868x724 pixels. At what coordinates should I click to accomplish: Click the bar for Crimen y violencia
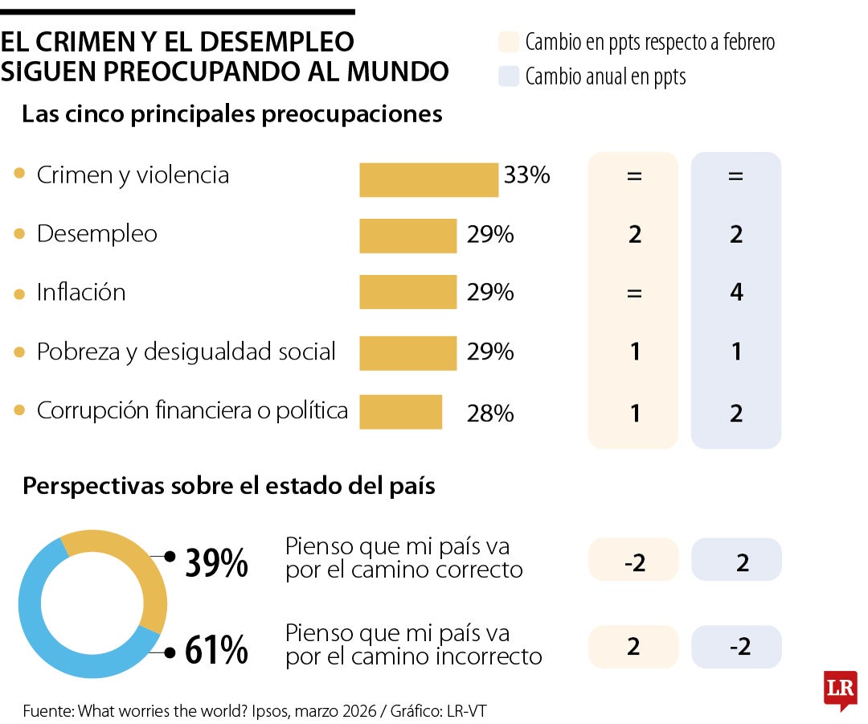pyautogui.click(x=428, y=179)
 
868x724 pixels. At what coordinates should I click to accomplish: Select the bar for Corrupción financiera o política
pyautogui.click(x=400, y=412)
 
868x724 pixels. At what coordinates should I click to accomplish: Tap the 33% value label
pyautogui.click(x=526, y=175)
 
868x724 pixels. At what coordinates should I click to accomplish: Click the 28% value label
pyautogui.click(x=489, y=413)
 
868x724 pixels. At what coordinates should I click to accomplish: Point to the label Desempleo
pyautogui.click(x=97, y=234)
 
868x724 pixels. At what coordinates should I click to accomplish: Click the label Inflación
pyautogui.click(x=81, y=292)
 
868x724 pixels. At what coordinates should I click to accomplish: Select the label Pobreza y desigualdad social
pyautogui.click(x=186, y=352)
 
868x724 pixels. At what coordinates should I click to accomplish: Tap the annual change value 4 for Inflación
pyautogui.click(x=736, y=292)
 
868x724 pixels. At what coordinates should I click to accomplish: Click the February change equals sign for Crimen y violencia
pyautogui.click(x=634, y=175)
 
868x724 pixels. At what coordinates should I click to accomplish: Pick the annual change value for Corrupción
pyautogui.click(x=736, y=413)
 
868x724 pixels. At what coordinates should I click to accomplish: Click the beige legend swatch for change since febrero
pyautogui.click(x=508, y=42)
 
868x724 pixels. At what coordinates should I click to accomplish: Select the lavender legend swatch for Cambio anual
pyautogui.click(x=508, y=76)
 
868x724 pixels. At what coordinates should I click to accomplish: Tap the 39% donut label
pyautogui.click(x=216, y=564)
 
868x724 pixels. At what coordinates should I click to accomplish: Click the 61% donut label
pyautogui.click(x=216, y=651)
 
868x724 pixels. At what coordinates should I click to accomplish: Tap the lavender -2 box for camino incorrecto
pyautogui.click(x=736, y=647)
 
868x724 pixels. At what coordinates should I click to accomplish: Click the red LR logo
pyautogui.click(x=840, y=689)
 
